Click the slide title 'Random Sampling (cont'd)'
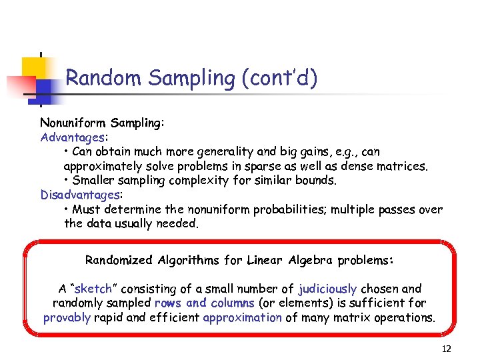[191, 78]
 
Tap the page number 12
[447, 349]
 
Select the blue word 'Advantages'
[72, 137]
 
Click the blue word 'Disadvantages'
[79, 195]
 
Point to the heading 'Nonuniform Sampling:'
[102, 123]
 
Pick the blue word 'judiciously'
[327, 289]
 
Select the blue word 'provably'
[67, 317]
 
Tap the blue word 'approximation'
[242, 317]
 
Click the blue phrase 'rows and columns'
[204, 303]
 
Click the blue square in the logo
[45, 89]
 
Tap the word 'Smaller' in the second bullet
[95, 180]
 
